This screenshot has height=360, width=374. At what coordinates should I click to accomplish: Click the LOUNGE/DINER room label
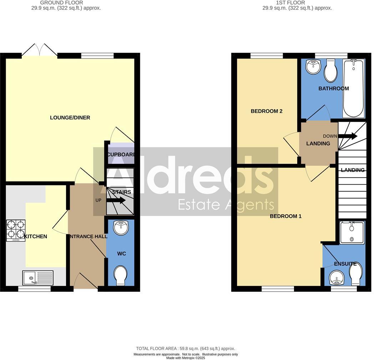(70, 117)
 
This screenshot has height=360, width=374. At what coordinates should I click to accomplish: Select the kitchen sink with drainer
(38, 278)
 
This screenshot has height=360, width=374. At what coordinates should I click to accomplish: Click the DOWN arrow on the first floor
(347, 136)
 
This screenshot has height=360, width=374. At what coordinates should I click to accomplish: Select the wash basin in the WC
(121, 227)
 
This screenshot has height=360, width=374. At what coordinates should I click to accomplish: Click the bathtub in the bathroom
(354, 88)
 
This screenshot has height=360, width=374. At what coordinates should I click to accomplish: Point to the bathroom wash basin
(314, 66)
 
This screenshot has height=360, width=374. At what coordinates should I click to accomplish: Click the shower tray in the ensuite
(352, 232)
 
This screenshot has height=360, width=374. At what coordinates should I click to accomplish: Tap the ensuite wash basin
(335, 277)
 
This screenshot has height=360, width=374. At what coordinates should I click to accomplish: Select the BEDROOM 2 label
(267, 111)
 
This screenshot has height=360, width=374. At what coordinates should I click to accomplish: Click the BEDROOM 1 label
(285, 216)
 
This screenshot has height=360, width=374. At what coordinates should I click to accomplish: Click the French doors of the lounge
(39, 50)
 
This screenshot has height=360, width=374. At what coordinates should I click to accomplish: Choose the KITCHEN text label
(35, 236)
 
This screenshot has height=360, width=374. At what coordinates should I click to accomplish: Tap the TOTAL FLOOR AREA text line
(186, 349)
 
